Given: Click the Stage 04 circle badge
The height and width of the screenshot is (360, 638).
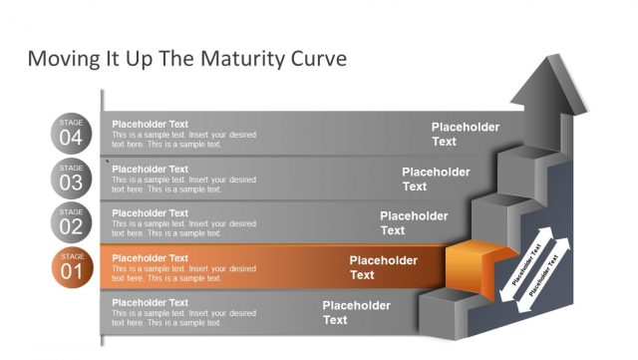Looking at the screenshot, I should [71, 133].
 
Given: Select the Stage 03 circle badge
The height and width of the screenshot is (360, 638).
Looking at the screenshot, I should [71, 178].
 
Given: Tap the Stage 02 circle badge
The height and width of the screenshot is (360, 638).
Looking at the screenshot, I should [71, 221].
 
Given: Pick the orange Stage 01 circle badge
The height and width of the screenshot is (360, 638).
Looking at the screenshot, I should [71, 266].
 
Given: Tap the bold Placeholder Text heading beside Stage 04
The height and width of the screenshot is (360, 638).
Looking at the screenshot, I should [150, 125].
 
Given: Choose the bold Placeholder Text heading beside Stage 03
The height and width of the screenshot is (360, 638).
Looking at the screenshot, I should [150, 170].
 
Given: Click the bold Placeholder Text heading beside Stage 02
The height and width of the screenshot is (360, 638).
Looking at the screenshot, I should [150, 213].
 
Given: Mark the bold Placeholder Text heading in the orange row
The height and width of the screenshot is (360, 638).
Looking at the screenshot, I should [150, 258].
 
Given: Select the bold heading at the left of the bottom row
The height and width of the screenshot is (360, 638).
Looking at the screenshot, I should [150, 302].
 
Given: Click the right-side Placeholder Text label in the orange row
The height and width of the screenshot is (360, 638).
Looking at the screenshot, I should [383, 267].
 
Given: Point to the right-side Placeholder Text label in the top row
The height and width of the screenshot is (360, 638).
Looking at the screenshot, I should [465, 134].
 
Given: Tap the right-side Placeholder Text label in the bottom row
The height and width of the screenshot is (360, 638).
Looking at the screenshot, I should [356, 312].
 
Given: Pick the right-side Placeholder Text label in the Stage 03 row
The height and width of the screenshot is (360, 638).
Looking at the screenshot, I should [436, 179].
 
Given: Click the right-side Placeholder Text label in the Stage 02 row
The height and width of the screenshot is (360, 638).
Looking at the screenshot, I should [413, 222].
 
